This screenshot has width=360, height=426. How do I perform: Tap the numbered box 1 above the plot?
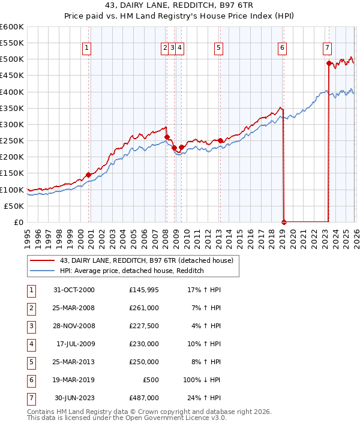tap(88, 49)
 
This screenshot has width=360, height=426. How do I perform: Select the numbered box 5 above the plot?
tap(218, 49)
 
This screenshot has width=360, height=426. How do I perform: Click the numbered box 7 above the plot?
tap(327, 49)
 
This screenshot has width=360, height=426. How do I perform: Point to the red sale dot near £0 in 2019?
tap(284, 222)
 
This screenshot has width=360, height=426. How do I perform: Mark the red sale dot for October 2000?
tap(89, 175)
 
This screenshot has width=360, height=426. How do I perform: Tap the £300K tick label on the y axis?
tap(12, 125)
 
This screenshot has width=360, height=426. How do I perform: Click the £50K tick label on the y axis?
tap(14, 206)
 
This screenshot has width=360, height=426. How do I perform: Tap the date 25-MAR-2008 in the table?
tap(74, 308)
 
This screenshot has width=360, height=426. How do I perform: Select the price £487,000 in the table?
tap(144, 398)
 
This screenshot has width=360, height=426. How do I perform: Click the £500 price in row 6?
tap(151, 380)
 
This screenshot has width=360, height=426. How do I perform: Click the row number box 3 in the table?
tap(30, 326)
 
